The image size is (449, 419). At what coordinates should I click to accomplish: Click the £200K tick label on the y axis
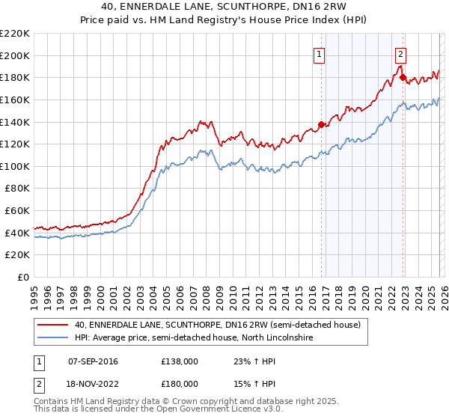coord(15,55)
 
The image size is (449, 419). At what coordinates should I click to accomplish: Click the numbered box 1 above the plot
coord(319,54)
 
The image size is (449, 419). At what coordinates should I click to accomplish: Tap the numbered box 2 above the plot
coord(400,54)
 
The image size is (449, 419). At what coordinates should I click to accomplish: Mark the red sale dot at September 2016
coord(322,124)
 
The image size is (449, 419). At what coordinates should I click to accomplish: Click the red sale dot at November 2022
coord(403,77)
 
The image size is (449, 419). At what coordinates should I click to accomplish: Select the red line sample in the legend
coord(53,325)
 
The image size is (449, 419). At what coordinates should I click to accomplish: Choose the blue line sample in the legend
coord(53,338)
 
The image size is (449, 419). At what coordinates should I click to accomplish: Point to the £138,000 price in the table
coord(180,361)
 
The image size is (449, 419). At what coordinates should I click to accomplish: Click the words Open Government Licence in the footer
coord(201,412)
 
